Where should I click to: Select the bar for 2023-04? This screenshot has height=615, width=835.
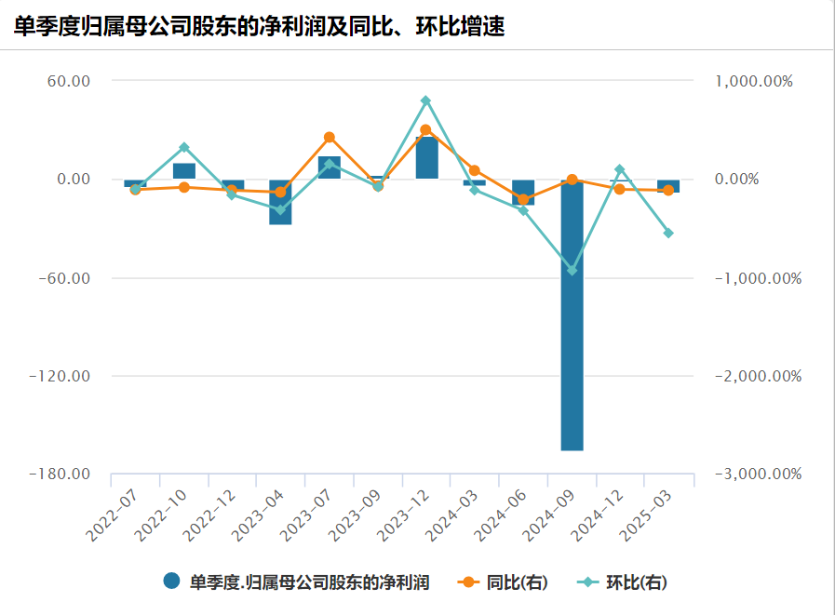pyautogui.click(x=280, y=202)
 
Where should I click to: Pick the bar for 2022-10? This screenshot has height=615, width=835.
pyautogui.click(x=184, y=171)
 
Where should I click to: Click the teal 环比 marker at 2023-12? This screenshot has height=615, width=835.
pyautogui.click(x=426, y=100)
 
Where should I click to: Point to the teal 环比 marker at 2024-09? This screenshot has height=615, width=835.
pyautogui.click(x=572, y=271)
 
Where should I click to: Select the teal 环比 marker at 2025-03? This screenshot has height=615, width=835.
pyautogui.click(x=668, y=233)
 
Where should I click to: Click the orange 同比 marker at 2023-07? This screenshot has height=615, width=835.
pyautogui.click(x=330, y=138)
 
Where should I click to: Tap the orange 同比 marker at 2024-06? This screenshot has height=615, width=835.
pyautogui.click(x=523, y=200)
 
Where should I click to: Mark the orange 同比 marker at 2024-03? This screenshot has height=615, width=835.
pyautogui.click(x=475, y=170)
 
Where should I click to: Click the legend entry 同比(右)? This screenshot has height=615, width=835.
pyautogui.click(x=504, y=582)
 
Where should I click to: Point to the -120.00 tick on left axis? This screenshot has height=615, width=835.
pyautogui.click(x=60, y=376)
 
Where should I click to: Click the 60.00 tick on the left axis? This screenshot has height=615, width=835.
pyautogui.click(x=67, y=81)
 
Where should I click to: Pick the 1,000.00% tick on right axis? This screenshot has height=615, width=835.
pyautogui.click(x=754, y=81)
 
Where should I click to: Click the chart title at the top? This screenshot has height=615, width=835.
pyautogui.click(x=260, y=27)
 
